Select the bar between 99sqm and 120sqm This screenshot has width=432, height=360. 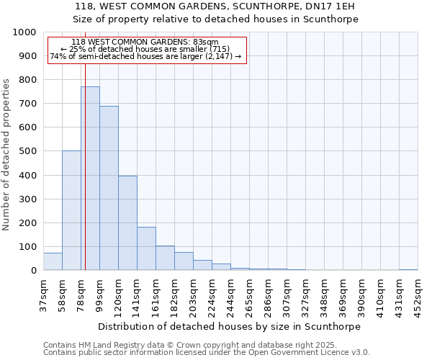click(x=109, y=188)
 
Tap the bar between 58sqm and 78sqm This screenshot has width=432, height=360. click(x=71, y=210)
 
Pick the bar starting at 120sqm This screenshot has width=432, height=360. click(x=127, y=223)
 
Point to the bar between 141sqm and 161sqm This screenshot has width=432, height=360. click(x=146, y=248)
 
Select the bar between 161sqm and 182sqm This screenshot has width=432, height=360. click(x=165, y=258)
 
